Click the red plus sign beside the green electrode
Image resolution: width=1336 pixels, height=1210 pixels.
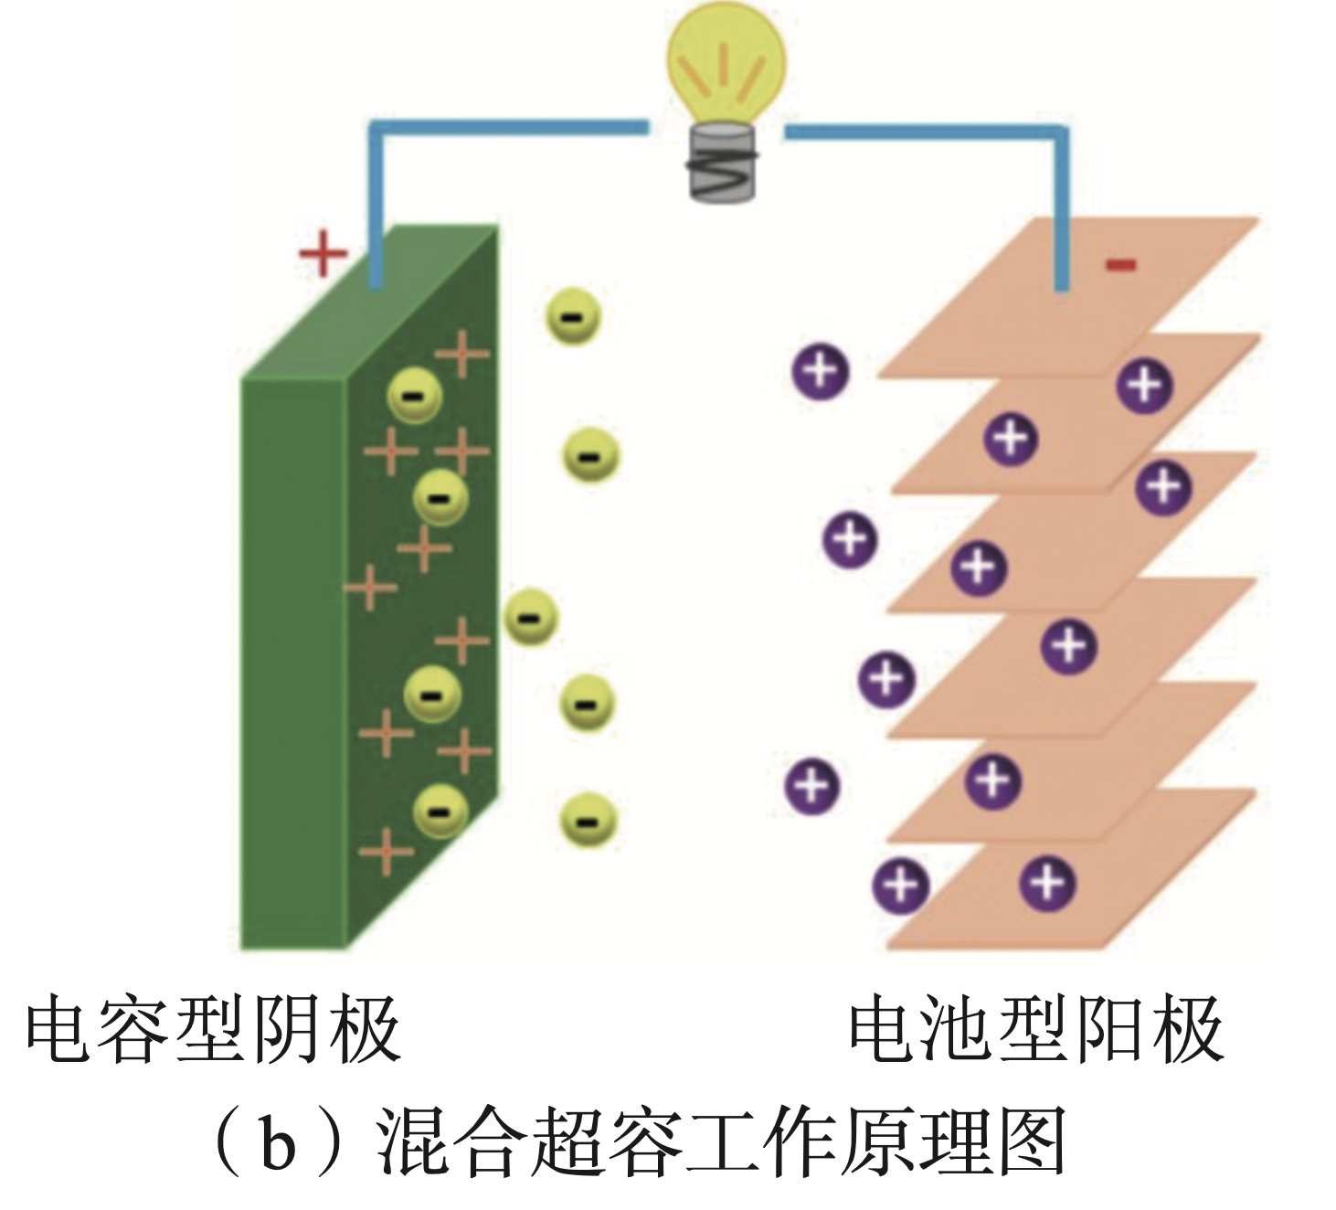point(323,253)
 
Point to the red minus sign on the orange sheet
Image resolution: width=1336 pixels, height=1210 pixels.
point(1120,266)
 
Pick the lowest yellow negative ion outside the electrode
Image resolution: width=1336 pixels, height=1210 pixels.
point(588,820)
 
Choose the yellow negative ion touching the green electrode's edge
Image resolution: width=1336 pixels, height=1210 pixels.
point(530,617)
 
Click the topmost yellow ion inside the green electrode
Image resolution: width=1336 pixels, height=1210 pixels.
point(414,396)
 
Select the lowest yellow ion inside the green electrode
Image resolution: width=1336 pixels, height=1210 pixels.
point(440,811)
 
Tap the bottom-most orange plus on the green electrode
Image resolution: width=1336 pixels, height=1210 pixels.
point(387,852)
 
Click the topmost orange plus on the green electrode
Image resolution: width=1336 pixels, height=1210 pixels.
point(462,352)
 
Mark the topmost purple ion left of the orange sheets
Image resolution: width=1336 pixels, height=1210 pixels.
point(821,371)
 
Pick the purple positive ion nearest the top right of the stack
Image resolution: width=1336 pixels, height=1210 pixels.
point(1145,385)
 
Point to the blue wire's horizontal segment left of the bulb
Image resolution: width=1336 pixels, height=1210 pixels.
point(510,125)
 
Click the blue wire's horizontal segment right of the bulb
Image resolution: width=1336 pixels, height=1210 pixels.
point(926,133)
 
